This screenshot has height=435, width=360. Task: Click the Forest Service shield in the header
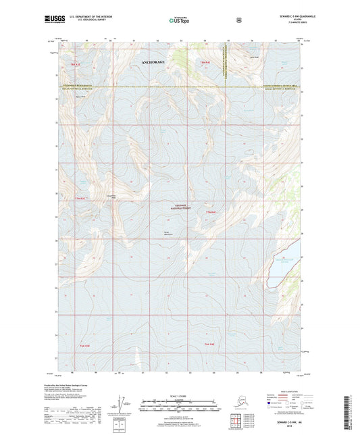point(239,20)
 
